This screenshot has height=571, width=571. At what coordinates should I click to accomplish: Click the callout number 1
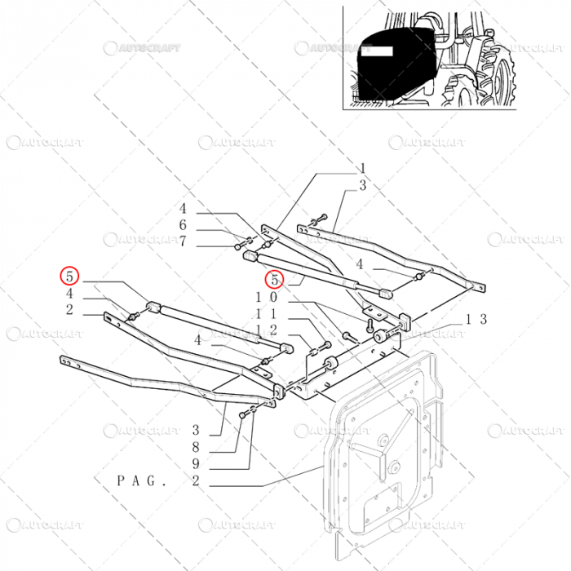point(362,170)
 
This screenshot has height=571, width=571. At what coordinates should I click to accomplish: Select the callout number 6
point(184,225)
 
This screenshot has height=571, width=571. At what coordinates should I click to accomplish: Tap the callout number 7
point(184,241)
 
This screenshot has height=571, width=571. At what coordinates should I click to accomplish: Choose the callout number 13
point(476,319)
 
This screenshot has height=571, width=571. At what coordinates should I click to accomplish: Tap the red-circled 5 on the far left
point(69,276)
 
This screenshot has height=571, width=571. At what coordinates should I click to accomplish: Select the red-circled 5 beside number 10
point(274,280)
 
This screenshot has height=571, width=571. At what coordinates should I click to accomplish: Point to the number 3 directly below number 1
point(362,187)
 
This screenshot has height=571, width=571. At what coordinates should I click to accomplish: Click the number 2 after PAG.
point(196,482)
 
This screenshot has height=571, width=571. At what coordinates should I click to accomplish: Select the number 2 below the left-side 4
point(69,310)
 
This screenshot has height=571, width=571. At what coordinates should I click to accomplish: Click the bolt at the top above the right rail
point(321,217)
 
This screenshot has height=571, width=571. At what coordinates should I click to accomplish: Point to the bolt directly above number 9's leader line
point(242,417)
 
